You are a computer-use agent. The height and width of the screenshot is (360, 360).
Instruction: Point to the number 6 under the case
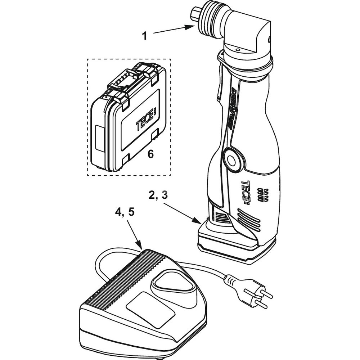(x=150, y=154)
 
